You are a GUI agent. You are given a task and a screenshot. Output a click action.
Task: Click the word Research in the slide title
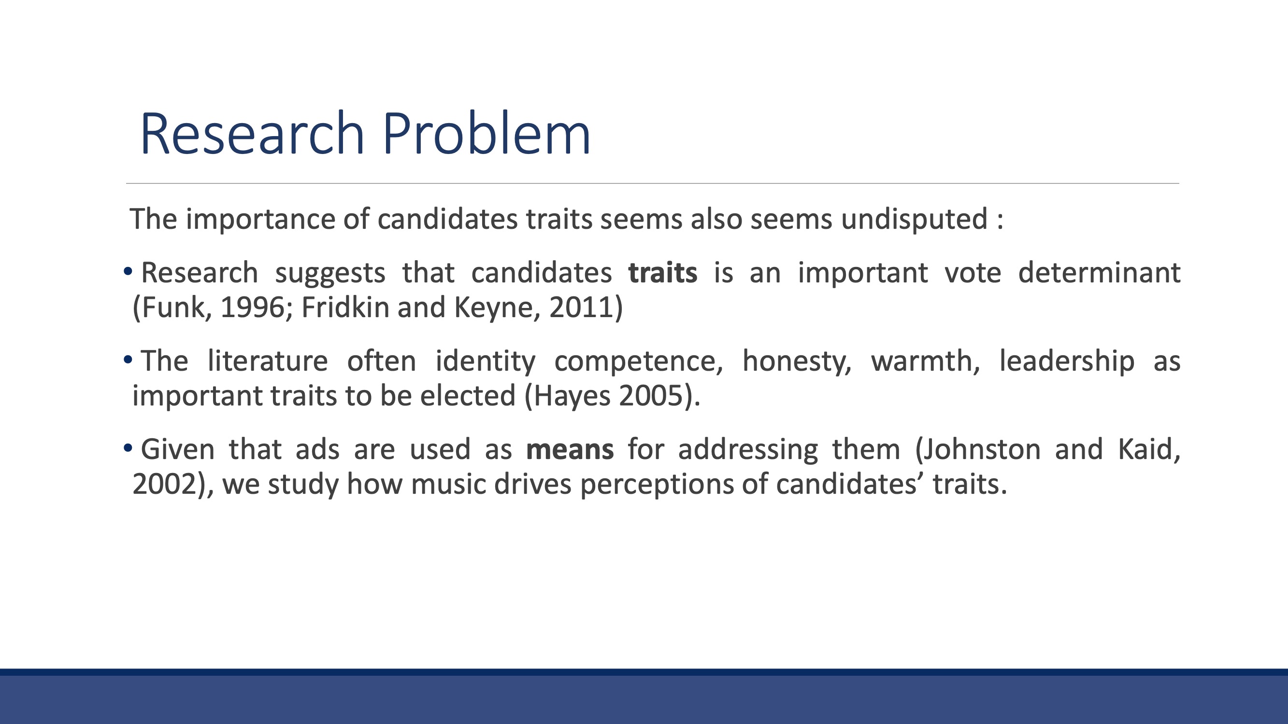pyautogui.click(x=253, y=133)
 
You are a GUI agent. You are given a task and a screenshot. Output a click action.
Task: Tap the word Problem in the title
pyautogui.click(x=487, y=133)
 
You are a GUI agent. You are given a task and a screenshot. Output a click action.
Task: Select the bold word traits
pyautogui.click(x=662, y=273)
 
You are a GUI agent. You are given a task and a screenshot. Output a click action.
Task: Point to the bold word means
pyautogui.click(x=570, y=449)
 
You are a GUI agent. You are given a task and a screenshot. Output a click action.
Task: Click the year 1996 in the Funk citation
pyautogui.click(x=253, y=307)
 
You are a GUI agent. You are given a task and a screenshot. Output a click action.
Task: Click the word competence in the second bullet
pyautogui.click(x=639, y=362)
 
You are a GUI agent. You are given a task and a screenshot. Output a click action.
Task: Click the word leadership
pyautogui.click(x=1067, y=362)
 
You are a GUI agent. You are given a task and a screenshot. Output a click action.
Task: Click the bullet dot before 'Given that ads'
pyautogui.click(x=128, y=448)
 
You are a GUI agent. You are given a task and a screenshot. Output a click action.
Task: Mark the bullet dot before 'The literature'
pyautogui.click(x=128, y=359)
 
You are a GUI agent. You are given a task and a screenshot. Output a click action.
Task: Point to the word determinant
pyautogui.click(x=1100, y=273)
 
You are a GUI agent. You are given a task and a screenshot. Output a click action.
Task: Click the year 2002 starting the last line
pyautogui.click(x=164, y=484)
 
